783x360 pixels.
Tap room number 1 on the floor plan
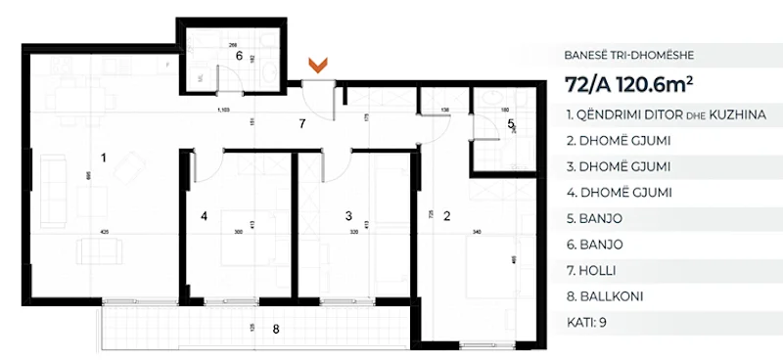point(104,156)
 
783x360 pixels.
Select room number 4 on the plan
point(205,215)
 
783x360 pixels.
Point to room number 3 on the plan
point(347,215)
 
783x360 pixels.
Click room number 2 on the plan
point(447,215)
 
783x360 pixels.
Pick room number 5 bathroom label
point(511,123)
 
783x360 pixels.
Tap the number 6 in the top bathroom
point(238,56)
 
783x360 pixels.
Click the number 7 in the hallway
point(302,123)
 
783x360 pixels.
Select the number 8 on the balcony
point(276,329)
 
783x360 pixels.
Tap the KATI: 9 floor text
point(586,320)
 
